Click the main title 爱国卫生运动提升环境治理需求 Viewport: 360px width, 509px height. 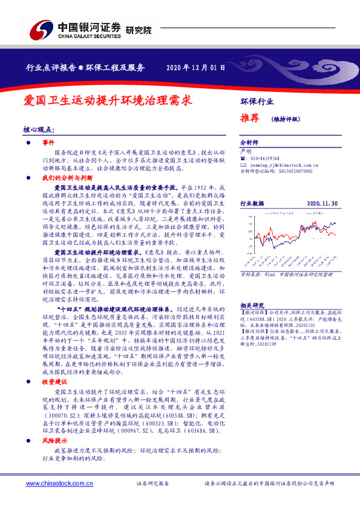pos(108,100)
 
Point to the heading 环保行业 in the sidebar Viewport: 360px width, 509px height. pos(257,101)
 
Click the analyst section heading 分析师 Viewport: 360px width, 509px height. pos(249,143)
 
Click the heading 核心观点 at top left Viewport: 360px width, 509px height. pos(39,130)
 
